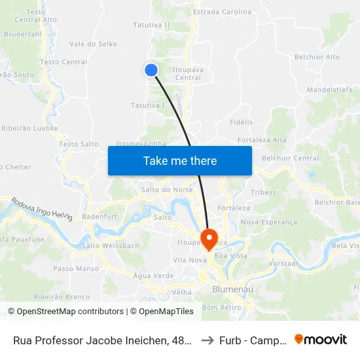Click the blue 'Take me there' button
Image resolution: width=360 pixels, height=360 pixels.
[180, 160]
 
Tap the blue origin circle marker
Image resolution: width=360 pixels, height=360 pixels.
[151, 70]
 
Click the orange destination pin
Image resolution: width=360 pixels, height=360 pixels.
[209, 238]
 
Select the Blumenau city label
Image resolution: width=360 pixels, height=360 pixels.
[228, 289]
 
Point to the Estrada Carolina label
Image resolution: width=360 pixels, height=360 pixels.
[222, 12]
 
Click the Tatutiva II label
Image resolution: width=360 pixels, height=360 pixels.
[151, 25]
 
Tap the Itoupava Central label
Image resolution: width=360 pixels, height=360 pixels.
[187, 73]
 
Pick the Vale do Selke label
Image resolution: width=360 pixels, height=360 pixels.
[93, 44]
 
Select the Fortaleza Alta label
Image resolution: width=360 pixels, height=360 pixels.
[262, 140]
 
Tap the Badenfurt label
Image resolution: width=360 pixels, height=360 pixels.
[99, 217]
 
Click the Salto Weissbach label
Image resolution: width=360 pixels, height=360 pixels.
[111, 246]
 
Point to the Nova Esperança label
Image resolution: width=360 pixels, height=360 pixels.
[268, 222]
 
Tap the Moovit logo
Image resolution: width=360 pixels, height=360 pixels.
[321, 340]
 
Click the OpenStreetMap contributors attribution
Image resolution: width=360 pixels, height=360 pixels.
[65, 312]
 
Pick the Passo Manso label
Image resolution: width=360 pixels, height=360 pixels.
[76, 268]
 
